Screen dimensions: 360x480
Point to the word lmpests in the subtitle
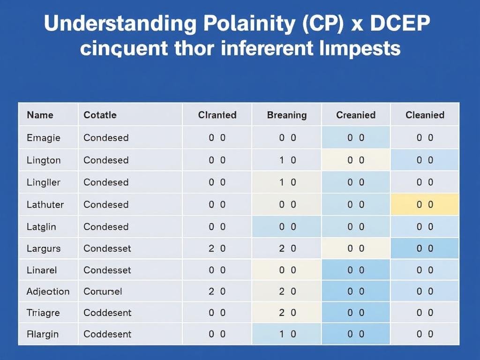361,48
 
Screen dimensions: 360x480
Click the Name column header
40,115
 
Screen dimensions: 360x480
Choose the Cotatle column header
100,115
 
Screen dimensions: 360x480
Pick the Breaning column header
286,115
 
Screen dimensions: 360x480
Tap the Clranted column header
217,115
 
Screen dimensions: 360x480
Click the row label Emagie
44,138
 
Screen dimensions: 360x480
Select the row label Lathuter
45,204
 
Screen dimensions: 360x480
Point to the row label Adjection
48,292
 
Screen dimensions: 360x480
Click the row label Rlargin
43,334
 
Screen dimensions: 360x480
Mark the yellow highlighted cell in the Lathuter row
425,204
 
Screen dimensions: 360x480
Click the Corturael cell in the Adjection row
103,292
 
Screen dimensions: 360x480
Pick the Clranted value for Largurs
217,248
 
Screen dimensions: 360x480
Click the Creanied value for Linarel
356,270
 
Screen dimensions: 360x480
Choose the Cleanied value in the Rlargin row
425,334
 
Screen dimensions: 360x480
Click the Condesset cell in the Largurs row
107,248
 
